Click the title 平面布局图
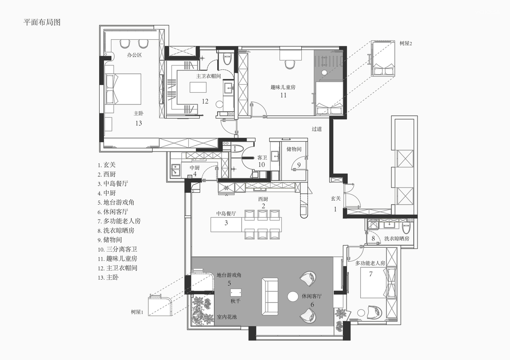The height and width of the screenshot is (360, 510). pos(42,22)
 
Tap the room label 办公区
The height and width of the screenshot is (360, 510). pos(134,55)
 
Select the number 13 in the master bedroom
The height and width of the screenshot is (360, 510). pos(138,123)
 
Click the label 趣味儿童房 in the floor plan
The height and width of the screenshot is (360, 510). pos(283,87)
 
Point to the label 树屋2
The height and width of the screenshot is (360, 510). pos(406,43)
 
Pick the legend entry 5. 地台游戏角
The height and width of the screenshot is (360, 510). pos(116,202)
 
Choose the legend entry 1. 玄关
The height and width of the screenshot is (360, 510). pos(107,165)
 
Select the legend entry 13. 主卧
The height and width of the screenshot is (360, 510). pos(108,277)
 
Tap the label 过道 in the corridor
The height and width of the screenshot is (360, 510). pos(317,129)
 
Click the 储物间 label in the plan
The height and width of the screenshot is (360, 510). pos(294,149)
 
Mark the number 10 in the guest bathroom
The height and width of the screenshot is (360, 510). pos(262,165)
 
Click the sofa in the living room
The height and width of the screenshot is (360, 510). pos(270,297)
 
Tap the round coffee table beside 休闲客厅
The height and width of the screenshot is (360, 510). pos(293,297)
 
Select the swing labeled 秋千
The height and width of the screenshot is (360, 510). pos(236,292)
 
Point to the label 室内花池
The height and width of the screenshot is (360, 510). pos(227,317)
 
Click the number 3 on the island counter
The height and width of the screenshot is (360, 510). pos(226,223)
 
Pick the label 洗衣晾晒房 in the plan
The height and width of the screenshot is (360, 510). pos(397,239)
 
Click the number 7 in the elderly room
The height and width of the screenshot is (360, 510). pos(371,274)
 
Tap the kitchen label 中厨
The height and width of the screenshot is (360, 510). pos(195,168)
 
